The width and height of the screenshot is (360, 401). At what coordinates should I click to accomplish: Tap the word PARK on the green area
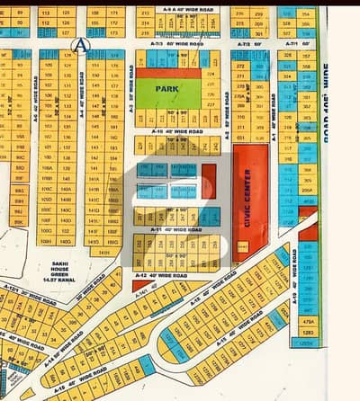point(167,89)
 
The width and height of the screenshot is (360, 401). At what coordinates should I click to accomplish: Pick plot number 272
point(240,66)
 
